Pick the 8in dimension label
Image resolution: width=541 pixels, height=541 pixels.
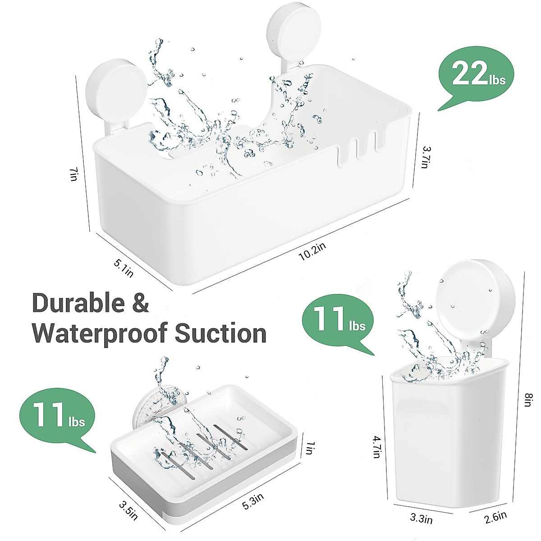[x=529, y=399]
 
